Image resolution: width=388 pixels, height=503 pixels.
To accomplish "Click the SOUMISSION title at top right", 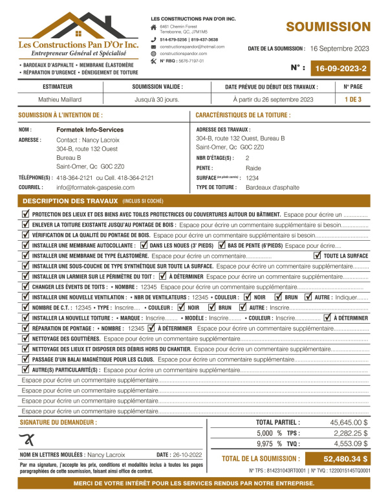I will tap(328, 27).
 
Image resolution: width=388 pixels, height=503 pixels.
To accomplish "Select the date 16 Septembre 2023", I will tap(339, 49).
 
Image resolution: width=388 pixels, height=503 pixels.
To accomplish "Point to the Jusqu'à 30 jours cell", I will tap(156, 99).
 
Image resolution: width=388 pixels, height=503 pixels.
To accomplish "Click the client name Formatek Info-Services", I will tap(90, 129).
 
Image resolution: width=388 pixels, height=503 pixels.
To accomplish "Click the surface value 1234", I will tap(252, 177).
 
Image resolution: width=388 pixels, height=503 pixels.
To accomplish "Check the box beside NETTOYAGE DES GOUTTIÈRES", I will tap(25, 338).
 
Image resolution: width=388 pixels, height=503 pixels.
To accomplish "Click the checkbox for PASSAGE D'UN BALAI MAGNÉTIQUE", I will tap(25, 359).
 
